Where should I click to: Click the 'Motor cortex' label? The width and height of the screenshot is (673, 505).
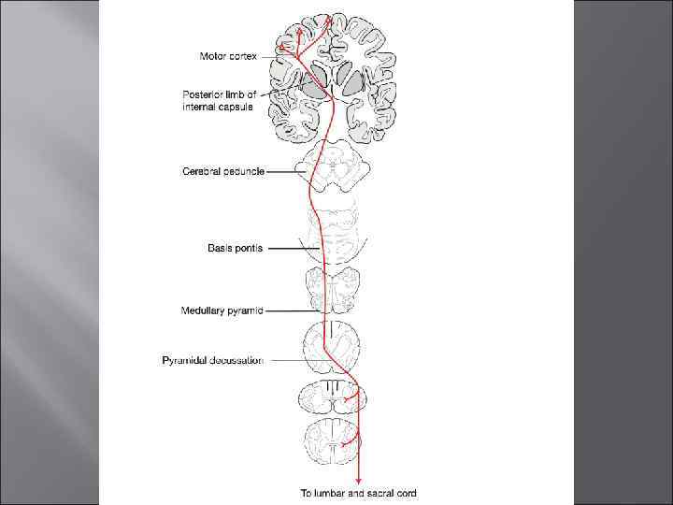coord(228,57)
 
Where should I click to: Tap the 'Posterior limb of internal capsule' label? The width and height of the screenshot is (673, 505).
coord(225,100)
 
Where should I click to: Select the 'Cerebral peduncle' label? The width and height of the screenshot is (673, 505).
coord(222,171)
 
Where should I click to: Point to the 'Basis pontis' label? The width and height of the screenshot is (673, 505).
coord(235,248)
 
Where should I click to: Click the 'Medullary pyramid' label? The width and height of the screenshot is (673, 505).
coord(222,310)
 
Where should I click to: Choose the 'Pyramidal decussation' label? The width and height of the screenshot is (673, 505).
coord(212,359)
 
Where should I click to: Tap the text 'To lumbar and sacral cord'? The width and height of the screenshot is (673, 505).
coord(358,492)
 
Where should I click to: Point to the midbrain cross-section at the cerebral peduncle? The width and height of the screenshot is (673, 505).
coord(333,171)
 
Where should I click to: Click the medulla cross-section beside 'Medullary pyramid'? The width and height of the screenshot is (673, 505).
coord(333,290)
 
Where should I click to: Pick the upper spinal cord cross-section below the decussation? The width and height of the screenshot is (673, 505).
coord(333,399)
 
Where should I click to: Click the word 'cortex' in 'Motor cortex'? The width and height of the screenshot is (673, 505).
coord(241,57)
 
